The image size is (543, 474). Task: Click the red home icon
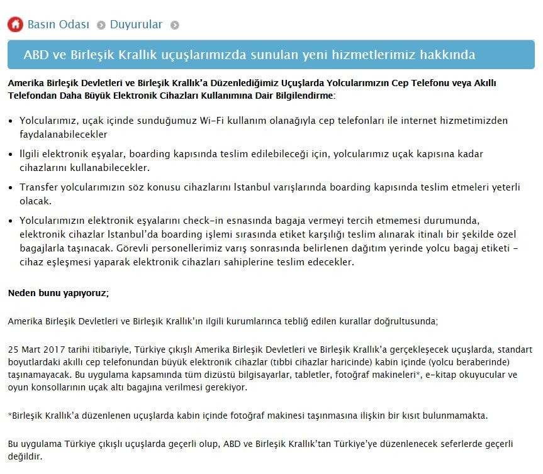click(x=15, y=25)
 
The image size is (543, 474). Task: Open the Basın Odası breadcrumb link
click(x=59, y=25)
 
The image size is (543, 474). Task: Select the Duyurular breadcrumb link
click(x=136, y=25)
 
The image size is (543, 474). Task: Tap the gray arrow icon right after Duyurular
click(x=175, y=25)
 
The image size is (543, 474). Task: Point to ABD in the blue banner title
click(x=36, y=55)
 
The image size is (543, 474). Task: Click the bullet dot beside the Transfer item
click(x=11, y=188)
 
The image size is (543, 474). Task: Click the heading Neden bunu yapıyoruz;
click(x=59, y=292)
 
